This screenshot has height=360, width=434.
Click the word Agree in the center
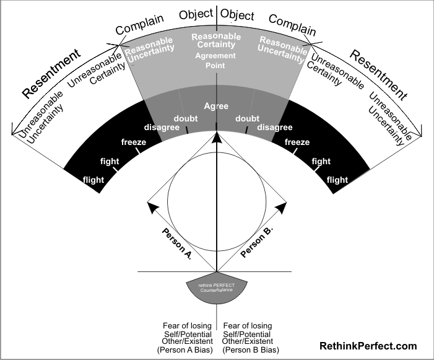[217, 107]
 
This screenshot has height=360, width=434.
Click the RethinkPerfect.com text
[368, 346]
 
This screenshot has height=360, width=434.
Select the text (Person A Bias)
[186, 350]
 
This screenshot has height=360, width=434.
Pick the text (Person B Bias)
[247, 350]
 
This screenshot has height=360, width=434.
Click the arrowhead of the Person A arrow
[151, 204]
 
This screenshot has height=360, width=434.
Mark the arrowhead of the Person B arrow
[282, 205]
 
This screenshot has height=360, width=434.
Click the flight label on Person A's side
[94, 180]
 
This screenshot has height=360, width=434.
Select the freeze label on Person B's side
[297, 143]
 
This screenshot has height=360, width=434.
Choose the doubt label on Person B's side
[248, 118]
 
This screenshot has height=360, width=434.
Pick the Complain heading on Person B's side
[292, 25]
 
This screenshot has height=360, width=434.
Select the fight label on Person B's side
[321, 162]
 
